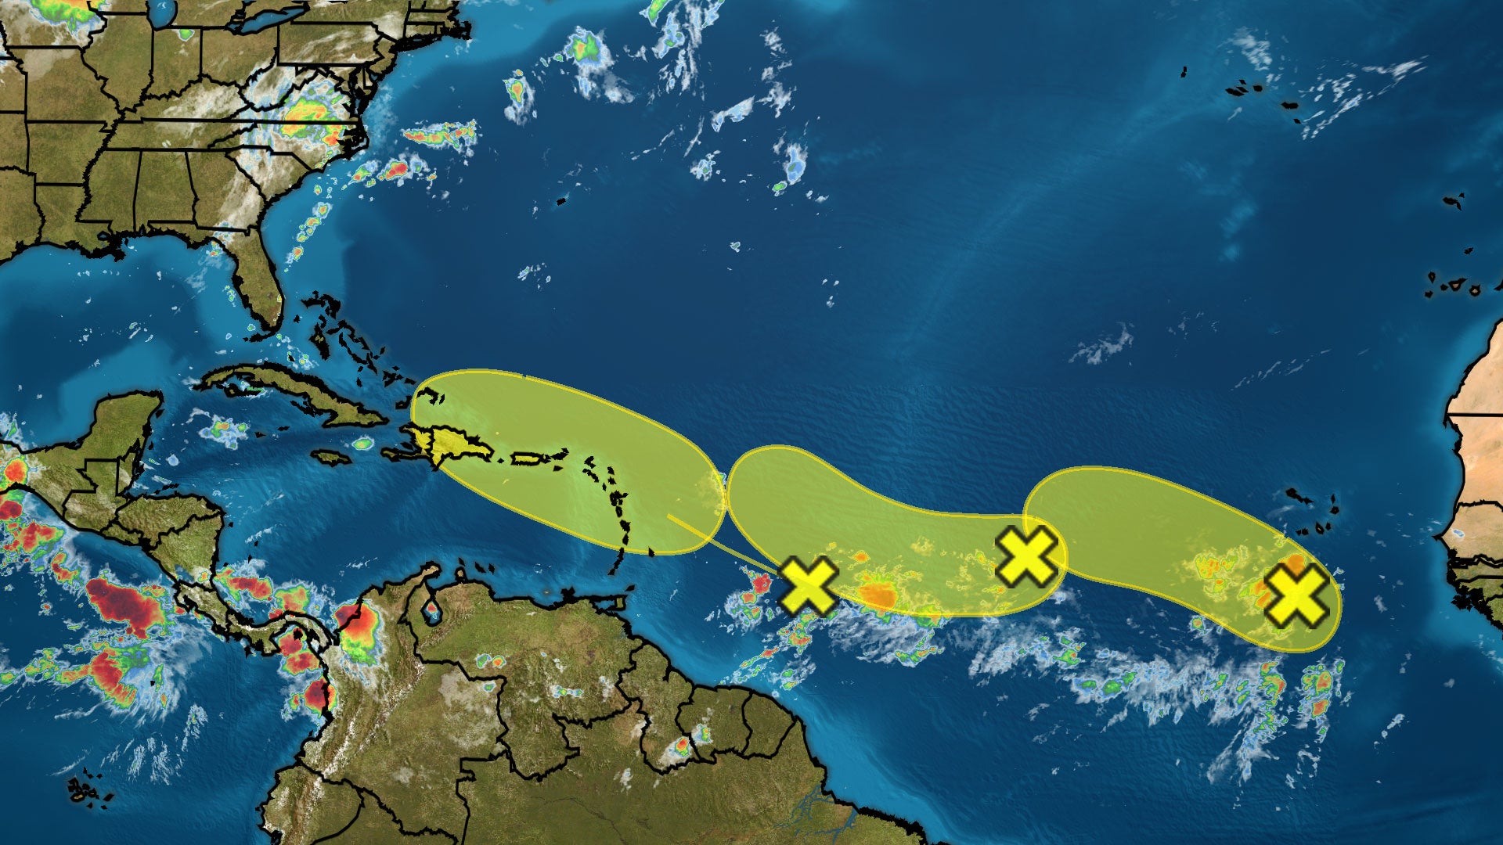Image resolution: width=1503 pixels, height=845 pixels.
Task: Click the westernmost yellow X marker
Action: [809, 585]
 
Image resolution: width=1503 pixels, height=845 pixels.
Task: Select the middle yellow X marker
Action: [1025, 556]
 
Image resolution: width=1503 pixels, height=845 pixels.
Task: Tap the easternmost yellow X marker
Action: [1296, 596]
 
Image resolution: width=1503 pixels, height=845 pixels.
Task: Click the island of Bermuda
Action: [560, 202]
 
